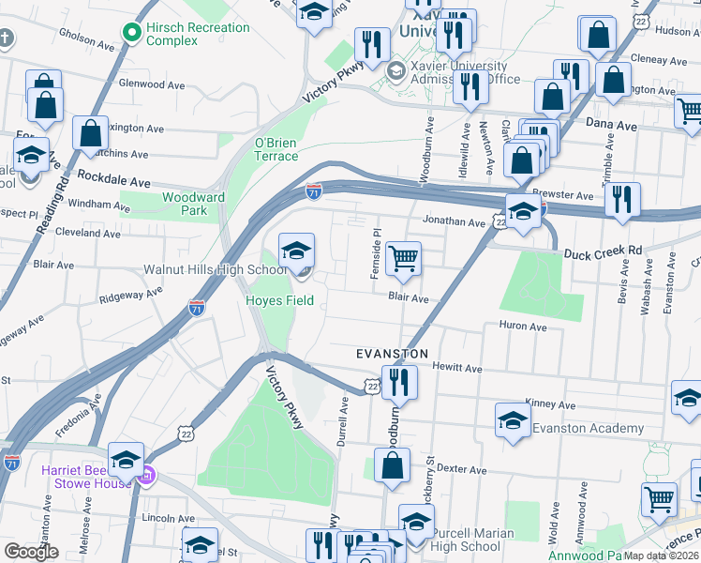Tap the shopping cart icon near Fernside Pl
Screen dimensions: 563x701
[403, 257]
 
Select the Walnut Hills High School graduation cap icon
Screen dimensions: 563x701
[296, 250]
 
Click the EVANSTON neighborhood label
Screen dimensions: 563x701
[392, 354]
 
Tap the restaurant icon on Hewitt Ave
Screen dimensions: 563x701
[399, 381]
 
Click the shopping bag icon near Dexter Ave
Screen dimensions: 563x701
[392, 464]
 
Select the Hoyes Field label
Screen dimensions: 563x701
[279, 301]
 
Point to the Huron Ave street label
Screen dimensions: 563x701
[524, 327]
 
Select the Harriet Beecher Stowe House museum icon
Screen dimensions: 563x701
[144, 478]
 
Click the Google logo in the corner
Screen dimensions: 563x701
[31, 552]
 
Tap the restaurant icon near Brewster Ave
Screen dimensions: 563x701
[621, 198]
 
